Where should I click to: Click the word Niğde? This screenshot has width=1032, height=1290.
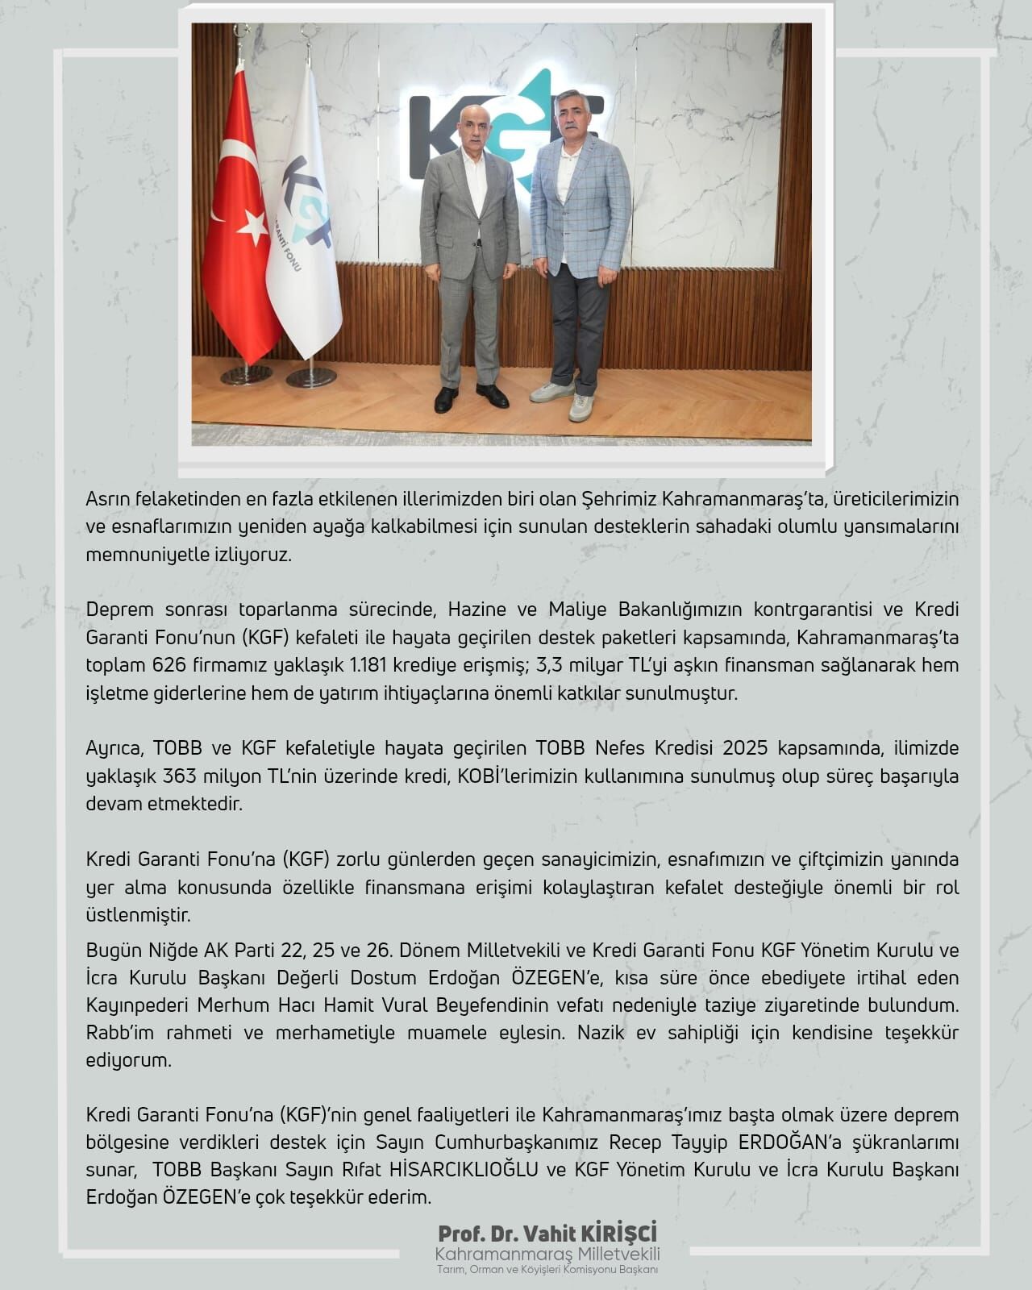174,951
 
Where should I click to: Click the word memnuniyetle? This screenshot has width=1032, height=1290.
141,556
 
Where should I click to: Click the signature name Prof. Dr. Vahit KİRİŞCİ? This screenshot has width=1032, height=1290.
547,1234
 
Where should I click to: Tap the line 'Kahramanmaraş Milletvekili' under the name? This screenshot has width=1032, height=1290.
547,1255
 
